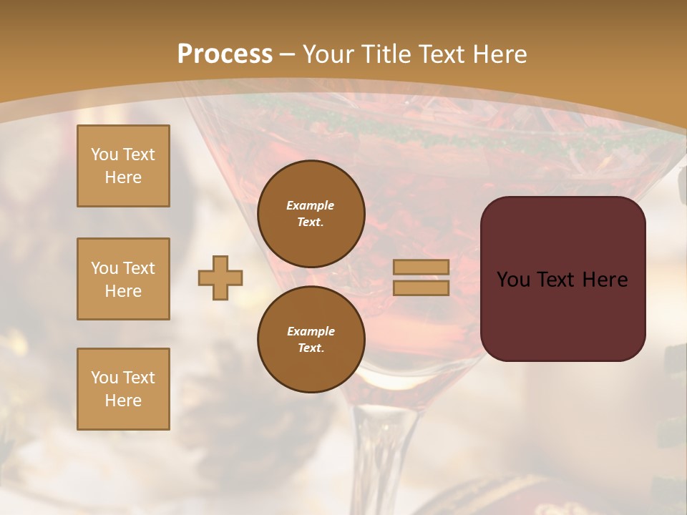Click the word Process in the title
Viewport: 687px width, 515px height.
pyautogui.click(x=225, y=54)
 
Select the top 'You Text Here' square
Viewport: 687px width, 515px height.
pyautogui.click(x=123, y=166)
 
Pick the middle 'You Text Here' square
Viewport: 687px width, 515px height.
pyautogui.click(x=123, y=279)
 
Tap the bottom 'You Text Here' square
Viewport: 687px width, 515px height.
pyautogui.click(x=123, y=389)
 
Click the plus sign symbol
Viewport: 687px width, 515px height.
pyautogui.click(x=220, y=278)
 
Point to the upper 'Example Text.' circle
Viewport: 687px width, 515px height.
pyautogui.click(x=311, y=213)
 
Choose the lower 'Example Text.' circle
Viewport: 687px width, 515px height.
pyautogui.click(x=311, y=339)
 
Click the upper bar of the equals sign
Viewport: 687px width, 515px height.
pyautogui.click(x=421, y=268)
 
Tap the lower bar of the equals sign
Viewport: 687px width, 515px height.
pyautogui.click(x=421, y=288)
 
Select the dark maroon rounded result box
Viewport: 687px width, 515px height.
pyautogui.click(x=562, y=315)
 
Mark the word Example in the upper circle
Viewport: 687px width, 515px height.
pyautogui.click(x=310, y=205)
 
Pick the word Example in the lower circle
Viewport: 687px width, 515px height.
pyautogui.click(x=311, y=331)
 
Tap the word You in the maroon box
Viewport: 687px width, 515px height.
pyautogui.click(x=513, y=280)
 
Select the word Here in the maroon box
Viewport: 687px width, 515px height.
pyautogui.click(x=605, y=280)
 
